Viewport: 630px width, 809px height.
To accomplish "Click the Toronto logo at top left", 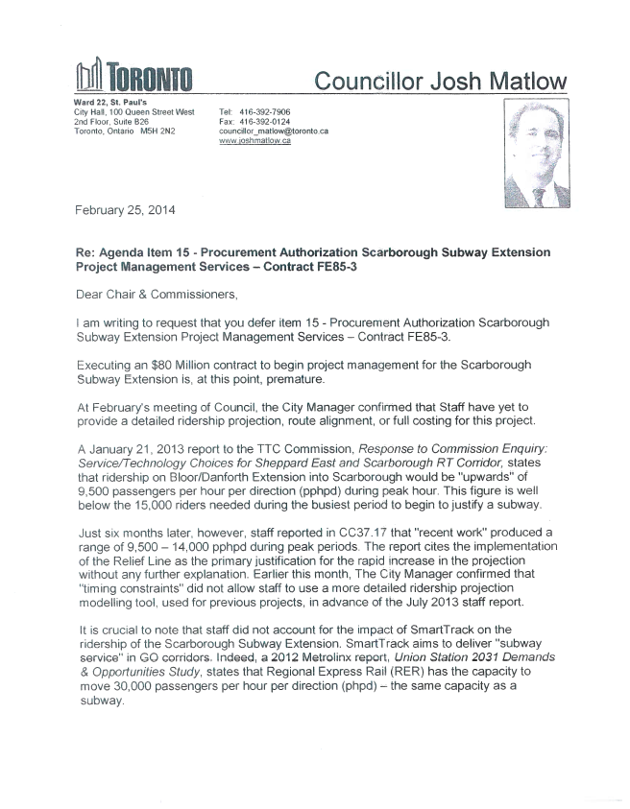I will tap(134, 76).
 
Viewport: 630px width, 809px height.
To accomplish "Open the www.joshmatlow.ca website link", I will tap(254, 141).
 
